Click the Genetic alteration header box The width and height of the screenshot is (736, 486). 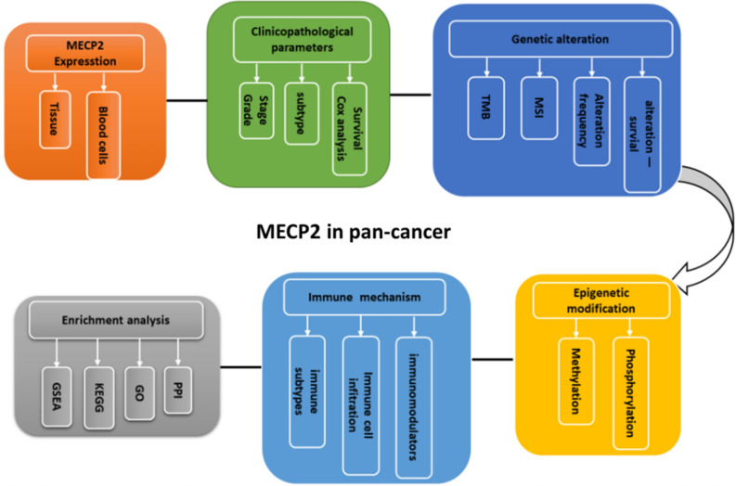560,40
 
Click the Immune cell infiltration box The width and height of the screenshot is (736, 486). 362,404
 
